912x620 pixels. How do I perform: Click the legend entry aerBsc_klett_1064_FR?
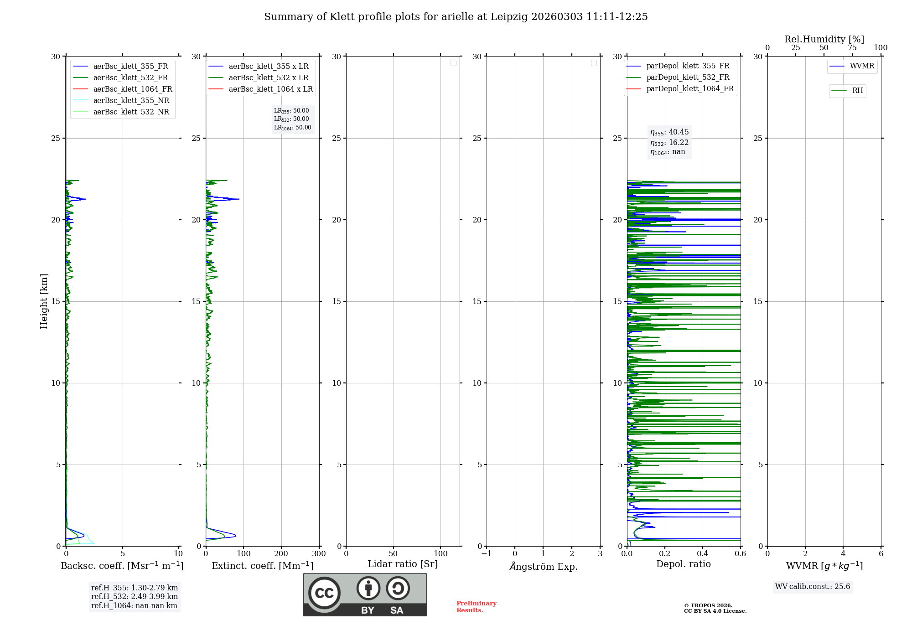point(132,89)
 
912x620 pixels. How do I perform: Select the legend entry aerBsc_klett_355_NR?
point(131,101)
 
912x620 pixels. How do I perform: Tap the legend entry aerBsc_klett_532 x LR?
point(268,78)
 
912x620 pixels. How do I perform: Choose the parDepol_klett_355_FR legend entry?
point(688,66)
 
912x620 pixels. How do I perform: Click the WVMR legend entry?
point(862,66)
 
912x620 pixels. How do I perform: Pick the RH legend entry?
point(857,91)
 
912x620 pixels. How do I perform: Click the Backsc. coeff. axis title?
point(122,566)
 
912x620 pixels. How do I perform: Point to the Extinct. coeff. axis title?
point(262,566)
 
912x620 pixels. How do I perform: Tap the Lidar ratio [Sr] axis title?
point(403,564)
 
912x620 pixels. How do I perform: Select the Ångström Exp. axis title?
point(544,566)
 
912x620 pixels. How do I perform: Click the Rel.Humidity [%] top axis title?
point(824,39)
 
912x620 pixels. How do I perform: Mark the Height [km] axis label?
point(44,301)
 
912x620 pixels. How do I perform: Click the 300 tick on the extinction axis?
point(319,554)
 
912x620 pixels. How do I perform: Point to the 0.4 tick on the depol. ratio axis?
point(703,554)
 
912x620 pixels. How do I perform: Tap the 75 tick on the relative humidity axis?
point(852,48)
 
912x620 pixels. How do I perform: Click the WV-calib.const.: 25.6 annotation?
point(813,587)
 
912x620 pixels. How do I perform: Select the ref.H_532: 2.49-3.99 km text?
point(135,597)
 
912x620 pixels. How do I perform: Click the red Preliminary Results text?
point(476,607)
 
